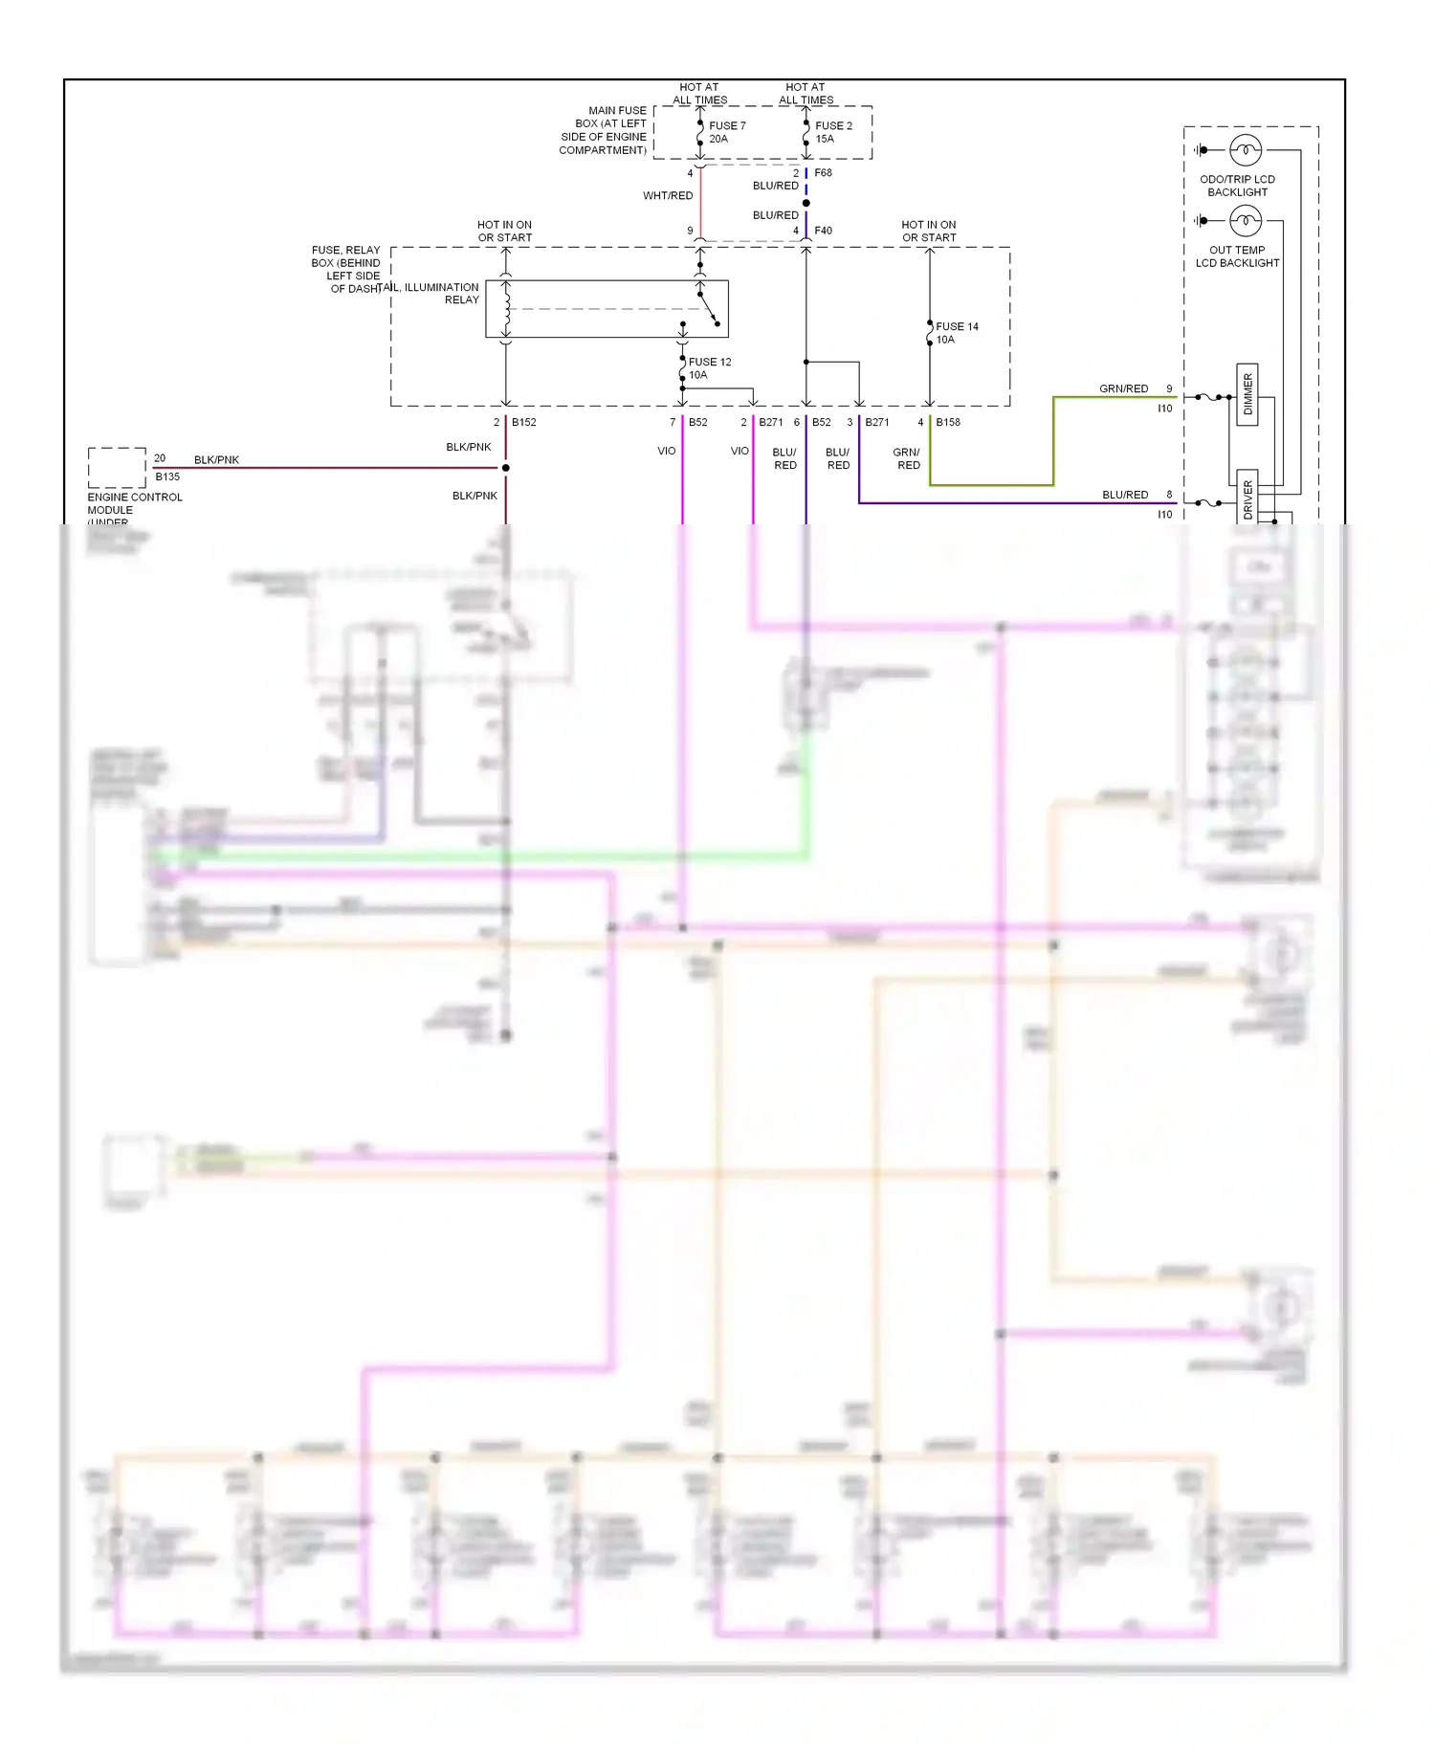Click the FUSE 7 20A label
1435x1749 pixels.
point(726,132)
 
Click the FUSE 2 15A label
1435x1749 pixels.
point(832,132)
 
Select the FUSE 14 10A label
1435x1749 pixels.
point(956,333)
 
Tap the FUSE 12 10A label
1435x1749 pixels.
point(709,368)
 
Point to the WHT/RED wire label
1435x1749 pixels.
point(668,196)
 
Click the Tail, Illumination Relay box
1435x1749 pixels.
point(607,309)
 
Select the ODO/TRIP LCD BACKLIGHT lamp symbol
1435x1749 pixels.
point(1245,150)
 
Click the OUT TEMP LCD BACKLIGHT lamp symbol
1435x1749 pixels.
point(1245,221)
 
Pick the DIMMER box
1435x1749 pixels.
point(1247,394)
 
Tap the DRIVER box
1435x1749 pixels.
point(1247,498)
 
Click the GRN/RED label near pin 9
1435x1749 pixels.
point(1123,388)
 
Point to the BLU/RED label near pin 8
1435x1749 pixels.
point(1124,495)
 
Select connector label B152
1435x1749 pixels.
point(523,422)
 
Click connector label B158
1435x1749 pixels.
point(947,422)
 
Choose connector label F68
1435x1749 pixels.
point(823,173)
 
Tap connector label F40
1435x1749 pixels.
point(823,231)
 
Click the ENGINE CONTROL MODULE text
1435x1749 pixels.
point(134,503)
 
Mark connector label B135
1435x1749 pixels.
point(167,476)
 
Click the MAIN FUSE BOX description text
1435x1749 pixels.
point(604,130)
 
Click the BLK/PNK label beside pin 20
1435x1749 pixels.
point(216,460)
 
